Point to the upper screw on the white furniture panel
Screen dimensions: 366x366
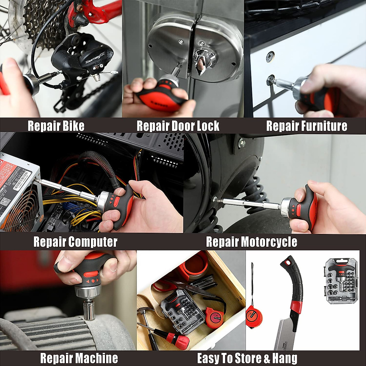pyautogui.click(x=270, y=57)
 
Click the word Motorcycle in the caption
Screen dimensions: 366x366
pyautogui.click(x=268, y=242)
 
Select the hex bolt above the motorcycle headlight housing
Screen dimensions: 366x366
pyautogui.click(x=242, y=143)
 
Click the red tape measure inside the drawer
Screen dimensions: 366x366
pyautogui.click(x=214, y=317)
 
